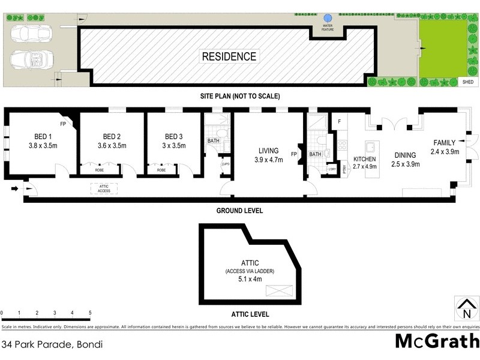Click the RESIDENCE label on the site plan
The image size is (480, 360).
(x=229, y=57)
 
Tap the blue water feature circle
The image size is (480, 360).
(x=328, y=19)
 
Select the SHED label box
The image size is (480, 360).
(x=467, y=82)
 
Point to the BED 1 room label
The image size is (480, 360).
(x=41, y=136)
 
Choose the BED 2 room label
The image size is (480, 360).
(x=112, y=136)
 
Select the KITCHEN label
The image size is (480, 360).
(x=364, y=159)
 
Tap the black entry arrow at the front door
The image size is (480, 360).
(x=14, y=189)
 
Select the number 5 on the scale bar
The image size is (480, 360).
(x=90, y=313)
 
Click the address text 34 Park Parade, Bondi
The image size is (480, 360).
(x=52, y=344)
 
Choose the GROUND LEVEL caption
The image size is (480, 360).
(x=240, y=211)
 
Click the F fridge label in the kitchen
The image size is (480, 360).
(x=339, y=122)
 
